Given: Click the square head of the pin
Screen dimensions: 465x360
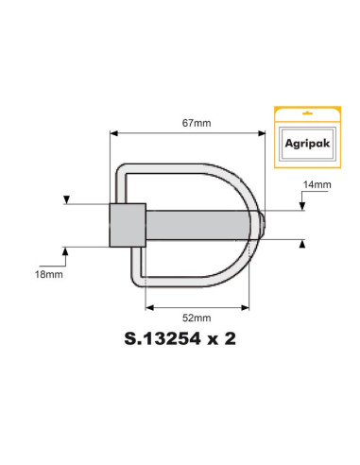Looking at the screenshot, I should (128, 224).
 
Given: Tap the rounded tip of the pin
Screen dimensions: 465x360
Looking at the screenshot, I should (266, 225).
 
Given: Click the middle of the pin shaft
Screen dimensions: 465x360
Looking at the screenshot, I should (198, 225).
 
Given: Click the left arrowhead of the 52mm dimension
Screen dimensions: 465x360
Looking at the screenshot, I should (148, 307).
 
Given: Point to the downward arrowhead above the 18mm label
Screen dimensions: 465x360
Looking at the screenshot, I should (65, 199).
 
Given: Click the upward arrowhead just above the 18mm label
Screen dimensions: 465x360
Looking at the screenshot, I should (65, 250).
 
